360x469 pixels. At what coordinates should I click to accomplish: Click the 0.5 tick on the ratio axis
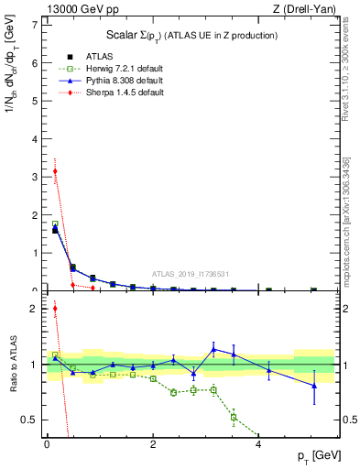point(29,420)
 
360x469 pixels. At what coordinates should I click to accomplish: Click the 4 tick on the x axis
point(259,443)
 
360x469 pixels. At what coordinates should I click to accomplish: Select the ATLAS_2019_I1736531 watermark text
point(191,275)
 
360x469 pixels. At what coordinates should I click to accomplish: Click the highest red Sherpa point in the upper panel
point(56,170)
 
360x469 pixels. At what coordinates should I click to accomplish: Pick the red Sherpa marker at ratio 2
point(56,309)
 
